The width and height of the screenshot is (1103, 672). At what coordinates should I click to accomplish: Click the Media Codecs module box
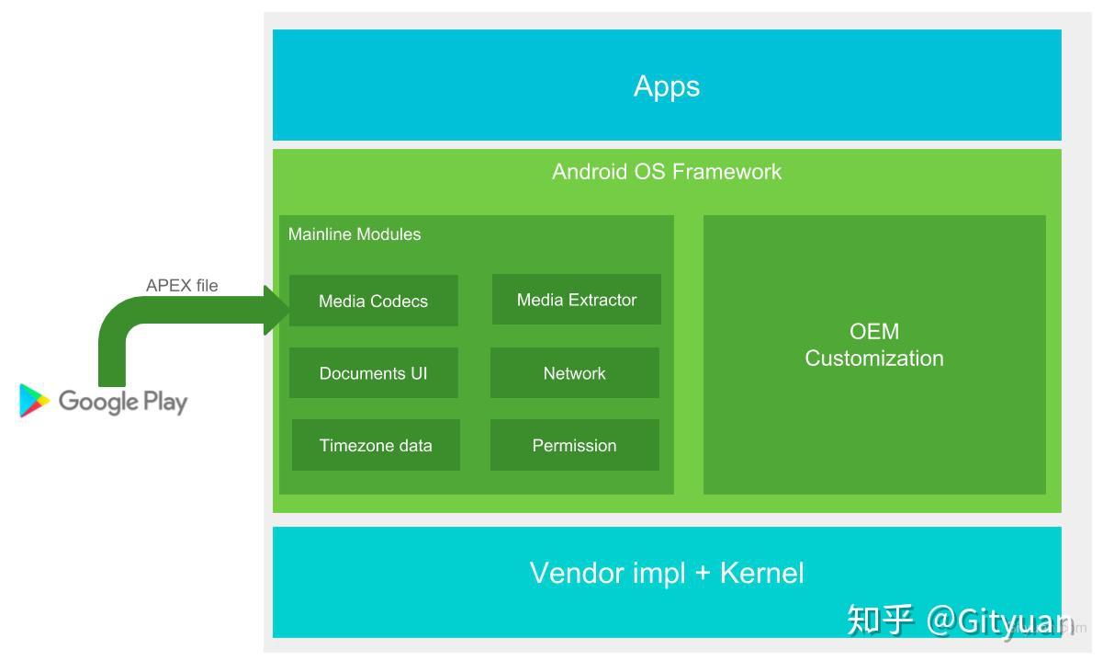point(373,301)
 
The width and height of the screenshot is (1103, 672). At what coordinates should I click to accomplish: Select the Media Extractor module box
point(576,300)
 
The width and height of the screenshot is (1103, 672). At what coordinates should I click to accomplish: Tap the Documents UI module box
point(373,373)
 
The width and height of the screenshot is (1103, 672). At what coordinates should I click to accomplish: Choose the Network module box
point(574,373)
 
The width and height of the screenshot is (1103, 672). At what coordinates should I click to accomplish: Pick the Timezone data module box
point(376,446)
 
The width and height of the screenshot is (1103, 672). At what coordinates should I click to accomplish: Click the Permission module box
point(574,446)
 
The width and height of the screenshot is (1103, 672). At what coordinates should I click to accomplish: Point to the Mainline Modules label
point(355,234)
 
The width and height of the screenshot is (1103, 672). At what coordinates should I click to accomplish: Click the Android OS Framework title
point(667,172)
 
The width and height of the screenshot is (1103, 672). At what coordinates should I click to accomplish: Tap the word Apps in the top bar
point(667,86)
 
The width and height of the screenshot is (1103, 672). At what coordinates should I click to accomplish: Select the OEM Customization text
point(874,345)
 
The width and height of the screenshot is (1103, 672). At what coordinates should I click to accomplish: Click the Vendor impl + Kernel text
point(667,574)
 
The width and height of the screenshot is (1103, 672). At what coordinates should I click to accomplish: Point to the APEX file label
point(182,286)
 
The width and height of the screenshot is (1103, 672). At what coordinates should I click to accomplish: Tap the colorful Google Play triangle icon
point(33,401)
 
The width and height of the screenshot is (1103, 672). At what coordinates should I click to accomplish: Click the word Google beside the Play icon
point(98,402)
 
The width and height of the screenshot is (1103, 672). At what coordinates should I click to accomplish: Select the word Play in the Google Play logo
point(164,402)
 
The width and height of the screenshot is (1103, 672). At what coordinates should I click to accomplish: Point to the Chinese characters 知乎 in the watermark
point(880,621)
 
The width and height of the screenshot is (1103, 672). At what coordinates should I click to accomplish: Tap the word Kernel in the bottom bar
point(761,574)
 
